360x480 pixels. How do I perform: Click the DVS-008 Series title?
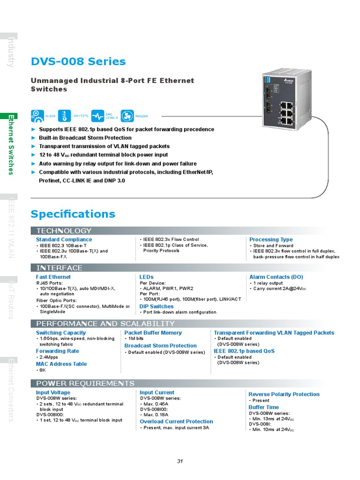point(78,61)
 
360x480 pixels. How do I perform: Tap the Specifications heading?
point(73,214)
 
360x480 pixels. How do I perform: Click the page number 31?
point(180,461)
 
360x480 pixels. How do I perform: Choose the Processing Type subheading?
point(271,240)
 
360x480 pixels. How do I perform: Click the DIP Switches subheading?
point(157,307)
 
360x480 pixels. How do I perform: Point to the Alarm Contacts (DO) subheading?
point(276,277)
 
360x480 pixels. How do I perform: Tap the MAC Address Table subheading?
point(61,364)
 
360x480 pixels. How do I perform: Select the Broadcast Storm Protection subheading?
point(160,346)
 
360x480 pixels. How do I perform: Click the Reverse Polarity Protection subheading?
point(284,394)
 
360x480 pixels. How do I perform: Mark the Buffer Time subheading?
point(263,407)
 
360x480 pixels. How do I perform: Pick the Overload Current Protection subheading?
point(176,421)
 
